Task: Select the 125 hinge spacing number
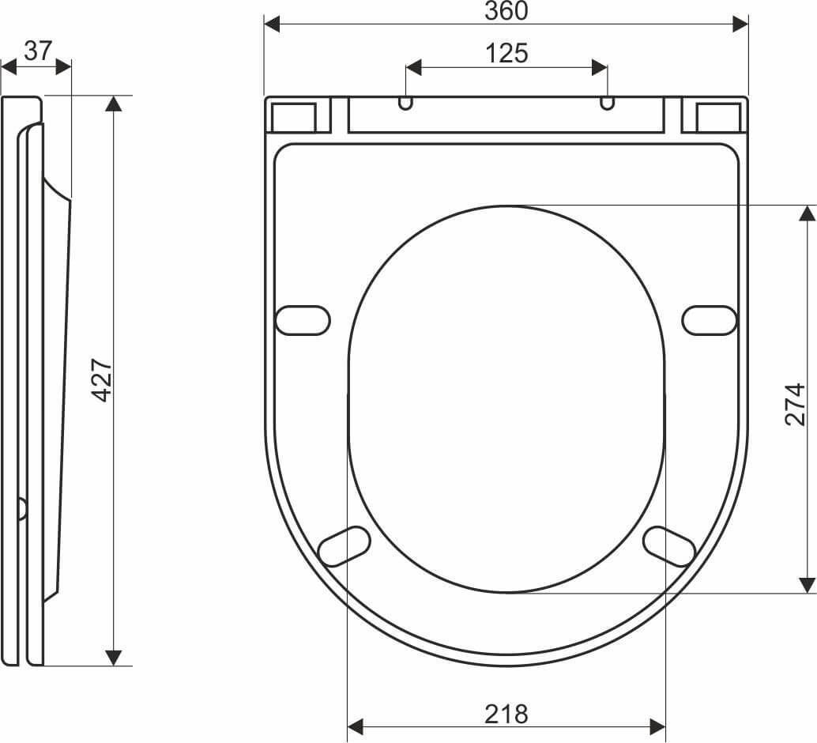point(506,53)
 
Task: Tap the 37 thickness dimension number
point(38,51)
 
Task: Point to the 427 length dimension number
point(102,379)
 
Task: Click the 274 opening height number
point(795,405)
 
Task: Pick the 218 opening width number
point(506,714)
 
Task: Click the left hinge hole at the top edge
point(405,103)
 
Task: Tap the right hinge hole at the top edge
point(607,103)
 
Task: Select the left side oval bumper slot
point(302,320)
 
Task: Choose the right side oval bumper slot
point(710,320)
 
